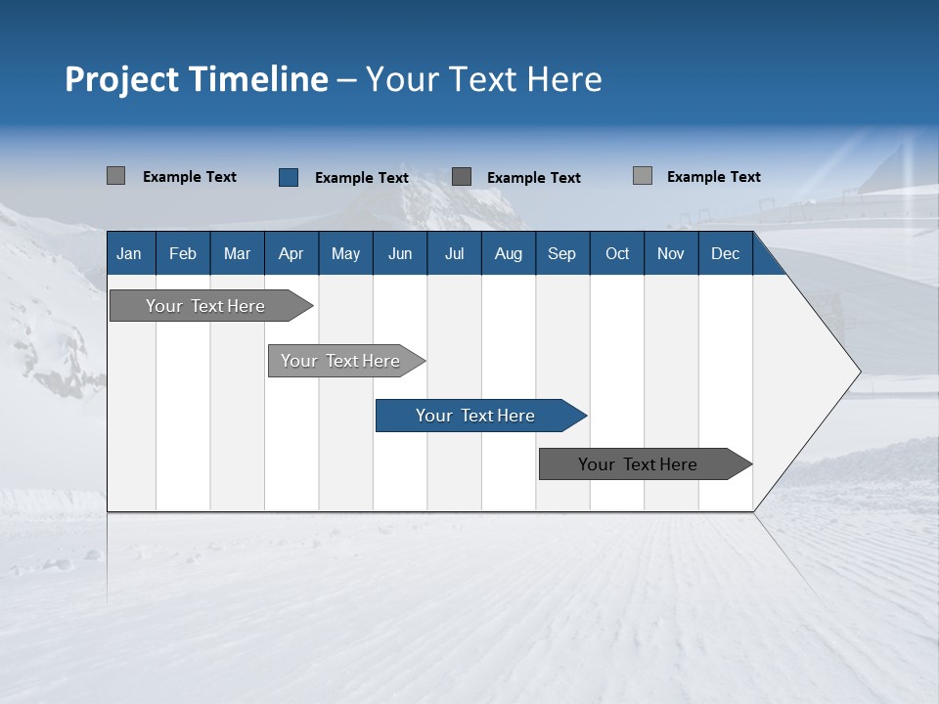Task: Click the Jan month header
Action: pyautogui.click(x=129, y=253)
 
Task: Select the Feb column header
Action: pyautogui.click(x=183, y=253)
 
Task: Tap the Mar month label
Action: pyautogui.click(x=237, y=253)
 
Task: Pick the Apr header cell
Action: pyautogui.click(x=291, y=253)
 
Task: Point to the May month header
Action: pyautogui.click(x=345, y=253)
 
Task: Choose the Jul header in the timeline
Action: pyautogui.click(x=454, y=253)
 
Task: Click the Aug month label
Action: pyautogui.click(x=509, y=253)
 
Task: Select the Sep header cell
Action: pyautogui.click(x=561, y=253)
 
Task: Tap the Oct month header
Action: pyautogui.click(x=617, y=253)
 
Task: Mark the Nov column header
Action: pyautogui.click(x=671, y=253)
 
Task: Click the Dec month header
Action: pyautogui.click(x=725, y=253)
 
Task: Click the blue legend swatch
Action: pyautogui.click(x=289, y=177)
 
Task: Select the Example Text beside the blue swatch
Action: pyautogui.click(x=362, y=178)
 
